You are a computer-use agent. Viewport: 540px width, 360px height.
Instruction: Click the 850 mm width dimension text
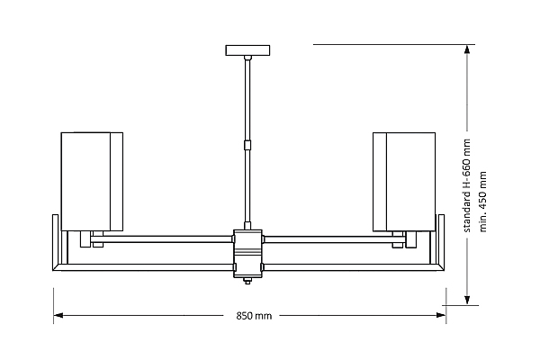[x=254, y=316]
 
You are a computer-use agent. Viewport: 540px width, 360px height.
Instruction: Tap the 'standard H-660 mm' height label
[x=466, y=185]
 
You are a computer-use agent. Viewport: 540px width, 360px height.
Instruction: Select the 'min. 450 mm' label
[x=482, y=202]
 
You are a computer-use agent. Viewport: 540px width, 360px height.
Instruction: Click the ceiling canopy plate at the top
[x=247, y=50]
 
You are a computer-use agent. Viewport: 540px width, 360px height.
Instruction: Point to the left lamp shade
[x=92, y=182]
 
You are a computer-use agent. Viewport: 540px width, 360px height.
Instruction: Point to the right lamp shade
[x=404, y=182]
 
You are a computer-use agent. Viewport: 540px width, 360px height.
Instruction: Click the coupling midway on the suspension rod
[x=247, y=145]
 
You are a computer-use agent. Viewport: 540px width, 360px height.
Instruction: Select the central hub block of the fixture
[x=247, y=254]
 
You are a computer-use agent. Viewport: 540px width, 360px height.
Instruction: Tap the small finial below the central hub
[x=247, y=281]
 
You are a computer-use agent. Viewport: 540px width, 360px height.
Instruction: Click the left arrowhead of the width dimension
[x=58, y=315]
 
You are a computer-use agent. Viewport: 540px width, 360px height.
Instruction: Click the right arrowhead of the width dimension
[x=441, y=315]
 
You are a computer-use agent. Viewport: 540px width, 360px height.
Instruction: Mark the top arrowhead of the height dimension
[x=467, y=49]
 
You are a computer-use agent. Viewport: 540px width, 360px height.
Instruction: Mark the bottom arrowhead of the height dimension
[x=467, y=300]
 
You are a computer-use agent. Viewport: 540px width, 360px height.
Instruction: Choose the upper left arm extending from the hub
[x=162, y=239]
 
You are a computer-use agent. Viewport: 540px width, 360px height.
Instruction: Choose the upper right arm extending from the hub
[x=334, y=239]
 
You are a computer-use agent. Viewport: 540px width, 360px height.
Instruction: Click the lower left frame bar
[x=143, y=267]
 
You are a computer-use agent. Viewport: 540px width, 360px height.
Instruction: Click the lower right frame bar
[x=354, y=267]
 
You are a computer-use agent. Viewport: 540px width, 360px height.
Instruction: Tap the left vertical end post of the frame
[x=56, y=242]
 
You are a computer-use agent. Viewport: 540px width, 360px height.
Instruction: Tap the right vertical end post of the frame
[x=441, y=242]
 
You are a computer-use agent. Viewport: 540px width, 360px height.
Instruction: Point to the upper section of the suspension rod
[x=247, y=100]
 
